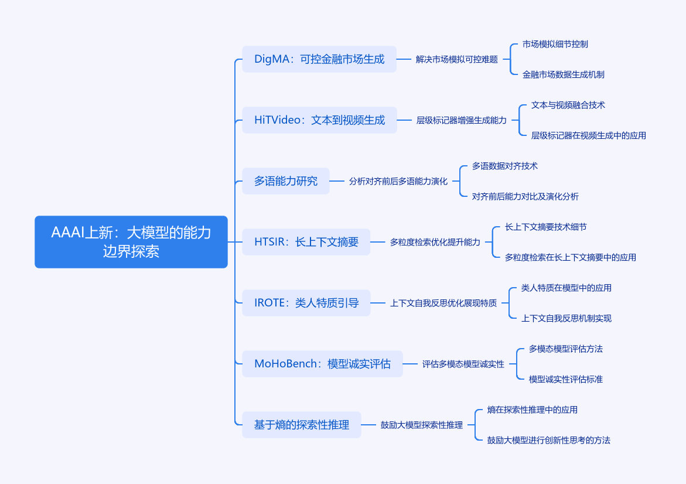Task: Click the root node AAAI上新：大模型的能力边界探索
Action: point(131,241)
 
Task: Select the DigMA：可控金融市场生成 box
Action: point(319,59)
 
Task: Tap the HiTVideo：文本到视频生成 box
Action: point(319,120)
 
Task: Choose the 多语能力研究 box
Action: point(286,181)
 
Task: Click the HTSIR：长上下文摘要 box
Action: point(306,242)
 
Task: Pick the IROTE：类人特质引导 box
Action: point(306,303)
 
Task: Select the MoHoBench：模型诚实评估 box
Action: point(322,364)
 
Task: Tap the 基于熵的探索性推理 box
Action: point(301,425)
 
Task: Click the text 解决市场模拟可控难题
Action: point(457,59)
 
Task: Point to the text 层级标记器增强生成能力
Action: point(462,120)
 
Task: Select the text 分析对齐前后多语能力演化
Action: point(398,181)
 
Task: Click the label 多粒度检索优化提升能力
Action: point(435,242)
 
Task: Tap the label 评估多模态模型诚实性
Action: point(463,364)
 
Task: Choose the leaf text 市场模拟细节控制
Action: point(555,44)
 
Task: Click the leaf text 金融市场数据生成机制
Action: point(564,74)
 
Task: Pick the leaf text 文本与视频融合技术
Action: point(568,105)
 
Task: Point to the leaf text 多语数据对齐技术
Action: point(505,166)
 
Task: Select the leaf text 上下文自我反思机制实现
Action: point(566,318)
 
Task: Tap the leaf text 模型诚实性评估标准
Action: point(566,379)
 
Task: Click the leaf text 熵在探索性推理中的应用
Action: point(533,410)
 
